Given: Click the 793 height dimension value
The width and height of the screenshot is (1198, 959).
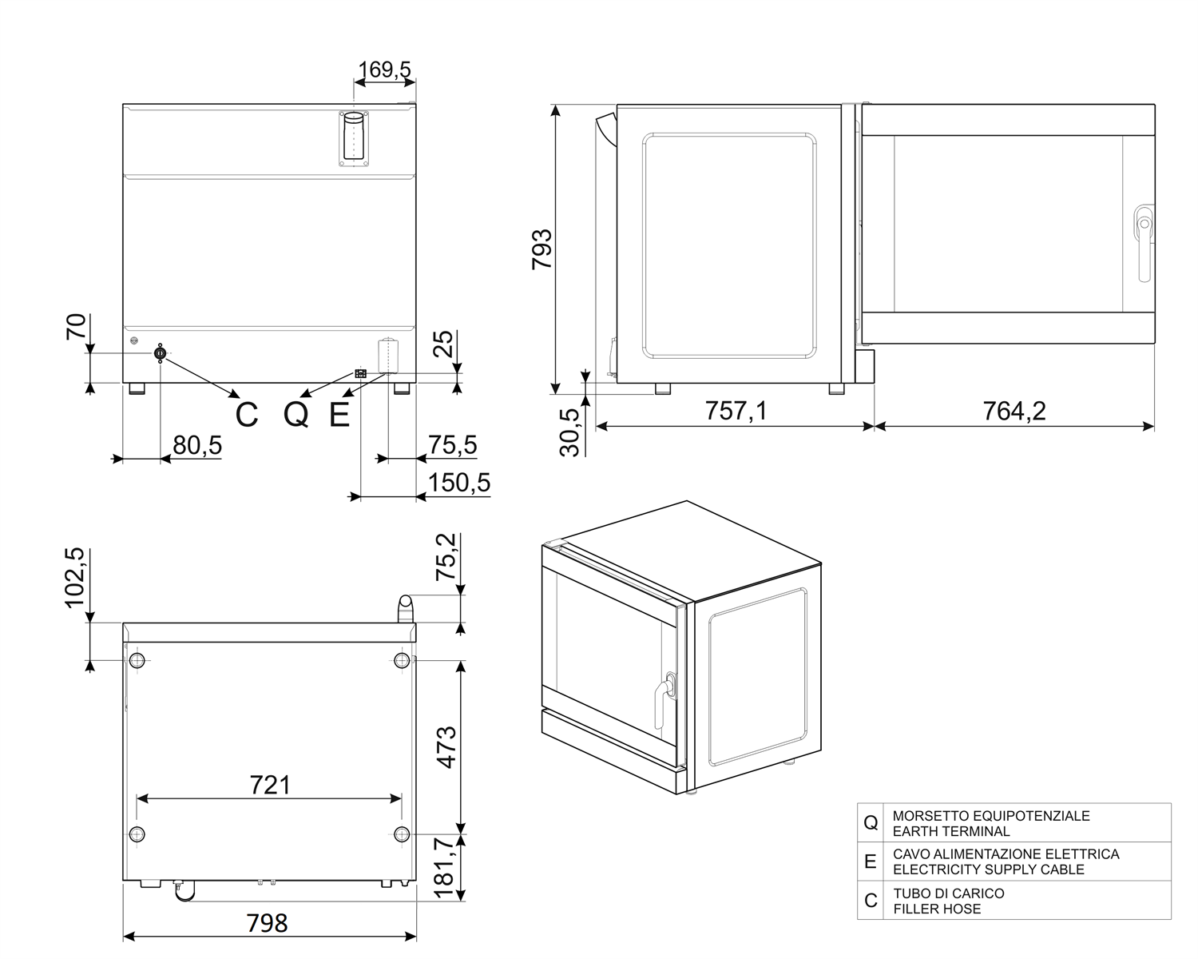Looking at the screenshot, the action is [542, 249].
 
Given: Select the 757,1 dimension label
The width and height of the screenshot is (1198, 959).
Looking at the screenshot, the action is [736, 412].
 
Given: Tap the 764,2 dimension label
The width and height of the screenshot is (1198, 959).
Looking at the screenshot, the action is [1014, 412].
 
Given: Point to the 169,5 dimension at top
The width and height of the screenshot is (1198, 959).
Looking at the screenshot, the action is [384, 70].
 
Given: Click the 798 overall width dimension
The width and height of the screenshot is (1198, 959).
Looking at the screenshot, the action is [268, 923].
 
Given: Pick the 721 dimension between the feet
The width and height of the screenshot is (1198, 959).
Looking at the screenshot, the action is [270, 785].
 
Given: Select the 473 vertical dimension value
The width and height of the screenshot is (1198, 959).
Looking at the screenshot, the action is [447, 747].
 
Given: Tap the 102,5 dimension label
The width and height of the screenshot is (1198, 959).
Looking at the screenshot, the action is [74, 578].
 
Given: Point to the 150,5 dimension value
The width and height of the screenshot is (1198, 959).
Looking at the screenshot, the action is [459, 483].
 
